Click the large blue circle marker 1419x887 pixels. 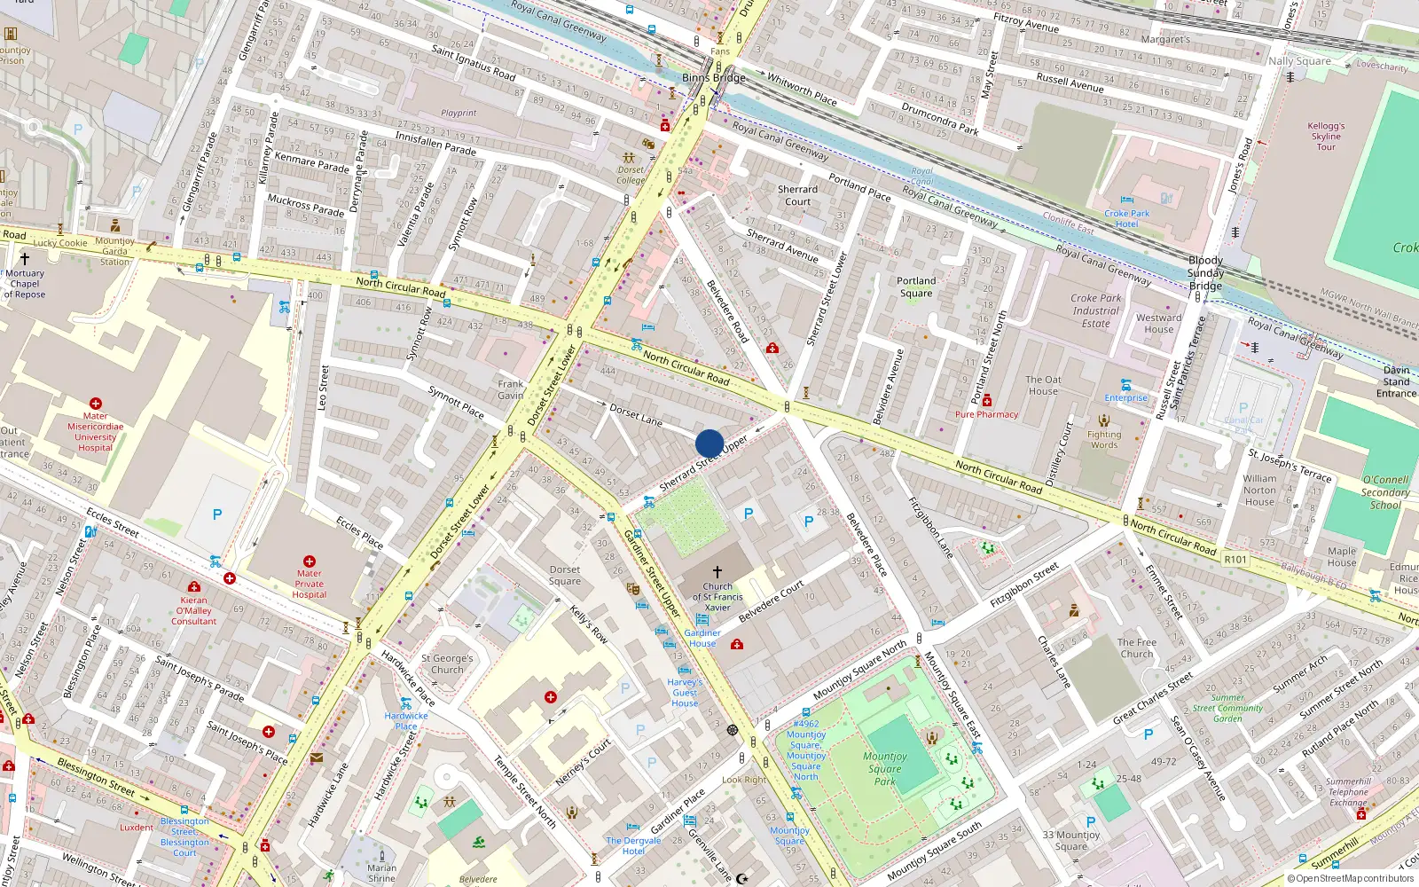709,443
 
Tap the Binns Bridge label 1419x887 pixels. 713,78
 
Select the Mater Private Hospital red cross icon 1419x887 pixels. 309,561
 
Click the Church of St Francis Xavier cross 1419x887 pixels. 717,572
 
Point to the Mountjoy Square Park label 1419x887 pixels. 884,768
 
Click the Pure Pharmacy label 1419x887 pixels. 986,414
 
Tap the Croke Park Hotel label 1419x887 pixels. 1126,218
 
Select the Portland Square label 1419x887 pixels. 916,287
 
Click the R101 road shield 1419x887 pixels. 1235,560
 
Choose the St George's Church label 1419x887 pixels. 447,664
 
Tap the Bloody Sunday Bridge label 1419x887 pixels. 1205,273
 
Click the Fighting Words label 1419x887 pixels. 1104,440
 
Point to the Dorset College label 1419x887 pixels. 631,175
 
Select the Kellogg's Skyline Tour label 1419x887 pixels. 1326,137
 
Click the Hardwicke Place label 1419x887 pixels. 406,721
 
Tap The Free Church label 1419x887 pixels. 1136,648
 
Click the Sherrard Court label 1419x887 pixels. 797,195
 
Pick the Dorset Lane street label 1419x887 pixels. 636,415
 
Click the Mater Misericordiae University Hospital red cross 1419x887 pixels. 96,404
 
